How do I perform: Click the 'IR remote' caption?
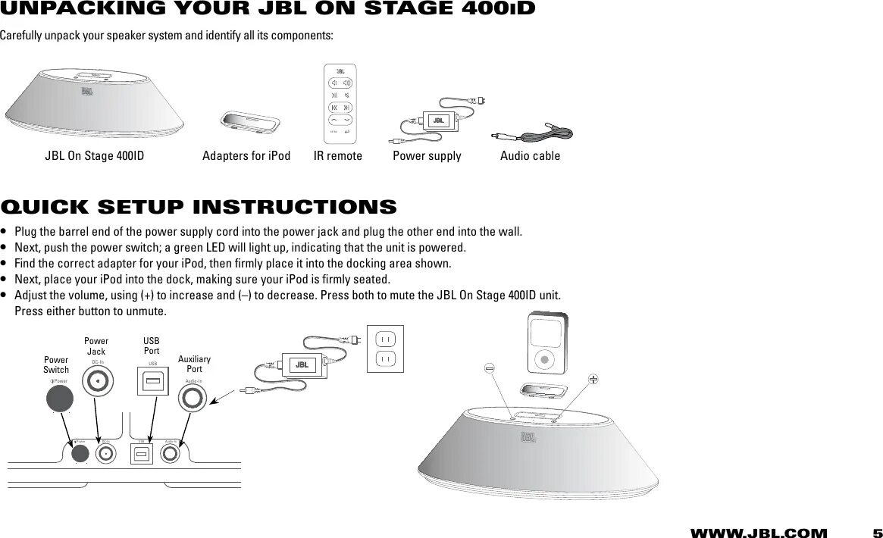coord(338,156)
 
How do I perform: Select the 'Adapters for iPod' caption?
coord(246,156)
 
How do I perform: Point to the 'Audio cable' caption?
coord(531,156)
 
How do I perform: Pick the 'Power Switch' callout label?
coord(56,364)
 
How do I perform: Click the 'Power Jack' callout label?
coord(96,346)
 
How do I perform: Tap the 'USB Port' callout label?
coord(152,346)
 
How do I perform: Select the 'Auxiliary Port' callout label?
coord(194,364)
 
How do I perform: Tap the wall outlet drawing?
coord(385,348)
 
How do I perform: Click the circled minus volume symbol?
coord(490,368)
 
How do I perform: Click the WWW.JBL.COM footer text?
coord(758,533)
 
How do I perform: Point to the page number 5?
coord(877,533)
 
